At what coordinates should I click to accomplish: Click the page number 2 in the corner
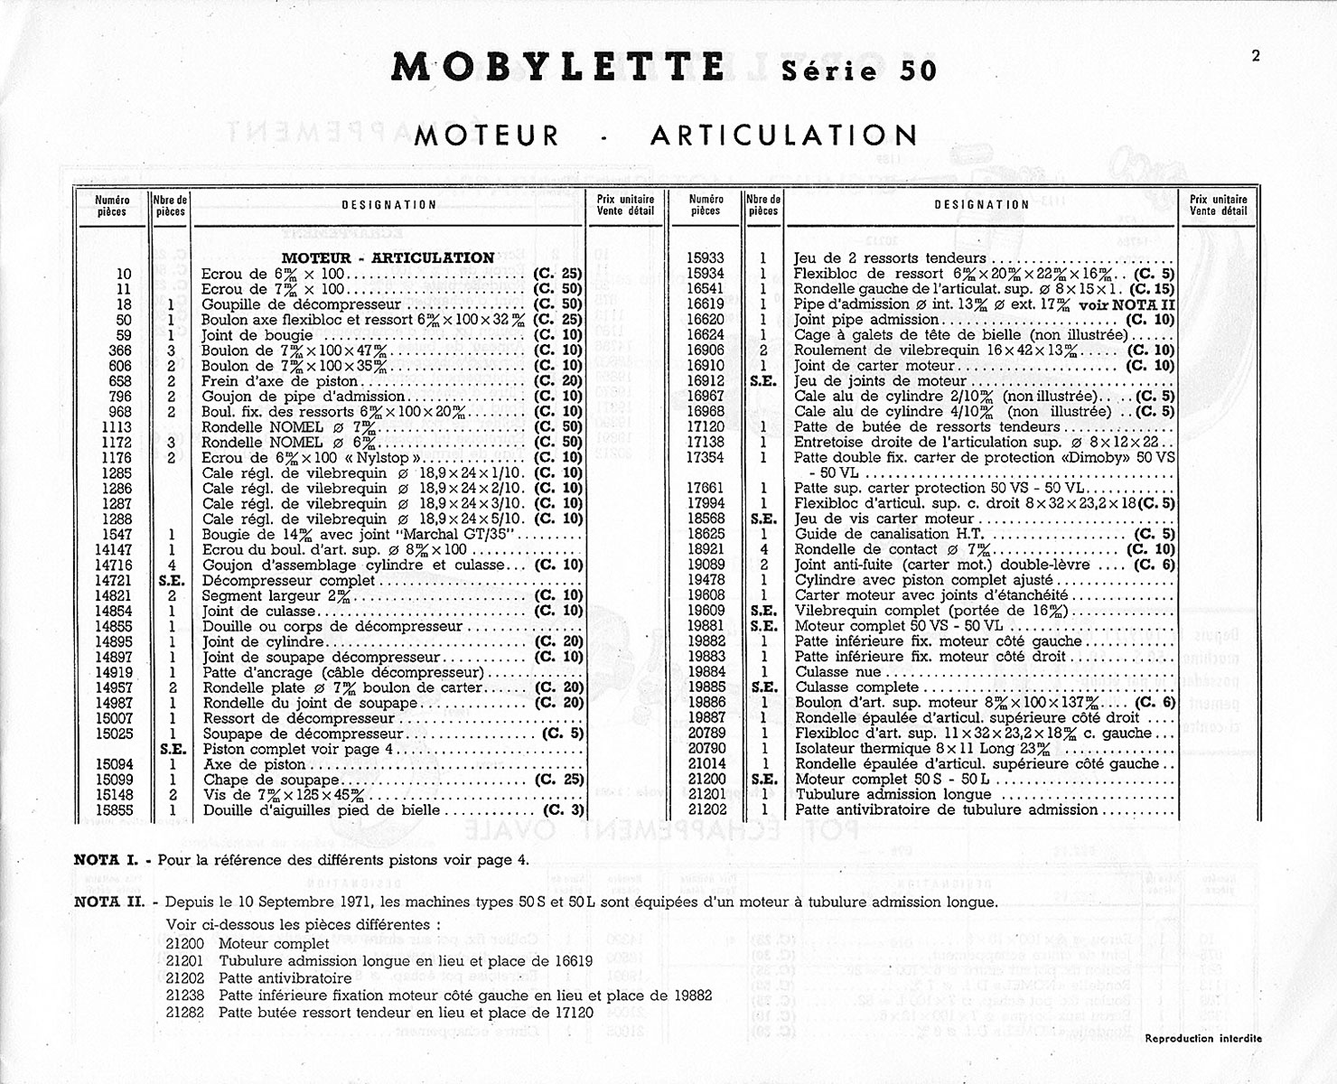(1256, 55)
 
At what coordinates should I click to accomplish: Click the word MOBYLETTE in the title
(558, 68)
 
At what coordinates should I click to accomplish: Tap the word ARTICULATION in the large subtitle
(783, 135)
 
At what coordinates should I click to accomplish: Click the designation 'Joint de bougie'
(257, 335)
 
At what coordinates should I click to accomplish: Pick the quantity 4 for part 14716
(171, 565)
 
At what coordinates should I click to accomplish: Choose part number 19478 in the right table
(706, 581)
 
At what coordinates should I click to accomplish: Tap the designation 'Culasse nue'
(837, 672)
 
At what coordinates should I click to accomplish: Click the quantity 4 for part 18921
(763, 550)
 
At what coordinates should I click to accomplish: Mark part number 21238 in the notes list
(185, 995)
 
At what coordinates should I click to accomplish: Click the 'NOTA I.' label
(108, 860)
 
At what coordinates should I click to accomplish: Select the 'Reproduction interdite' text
(1203, 1039)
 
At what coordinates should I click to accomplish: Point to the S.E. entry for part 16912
(763, 381)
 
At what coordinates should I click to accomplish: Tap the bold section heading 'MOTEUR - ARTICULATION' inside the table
(388, 257)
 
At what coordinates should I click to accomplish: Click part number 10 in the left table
(124, 274)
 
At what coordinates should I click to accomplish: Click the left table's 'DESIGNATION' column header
(389, 205)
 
